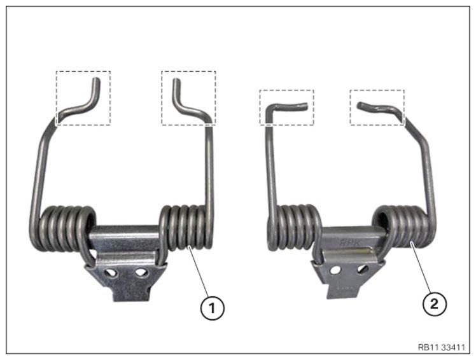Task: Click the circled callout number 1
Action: (212, 308)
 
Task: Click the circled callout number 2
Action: (435, 303)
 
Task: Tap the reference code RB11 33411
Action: (441, 347)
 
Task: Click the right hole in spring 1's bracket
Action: (141, 273)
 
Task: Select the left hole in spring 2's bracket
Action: (335, 270)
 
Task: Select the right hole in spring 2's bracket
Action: (363, 268)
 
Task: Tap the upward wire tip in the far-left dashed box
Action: (96, 80)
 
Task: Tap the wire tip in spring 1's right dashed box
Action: (176, 80)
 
